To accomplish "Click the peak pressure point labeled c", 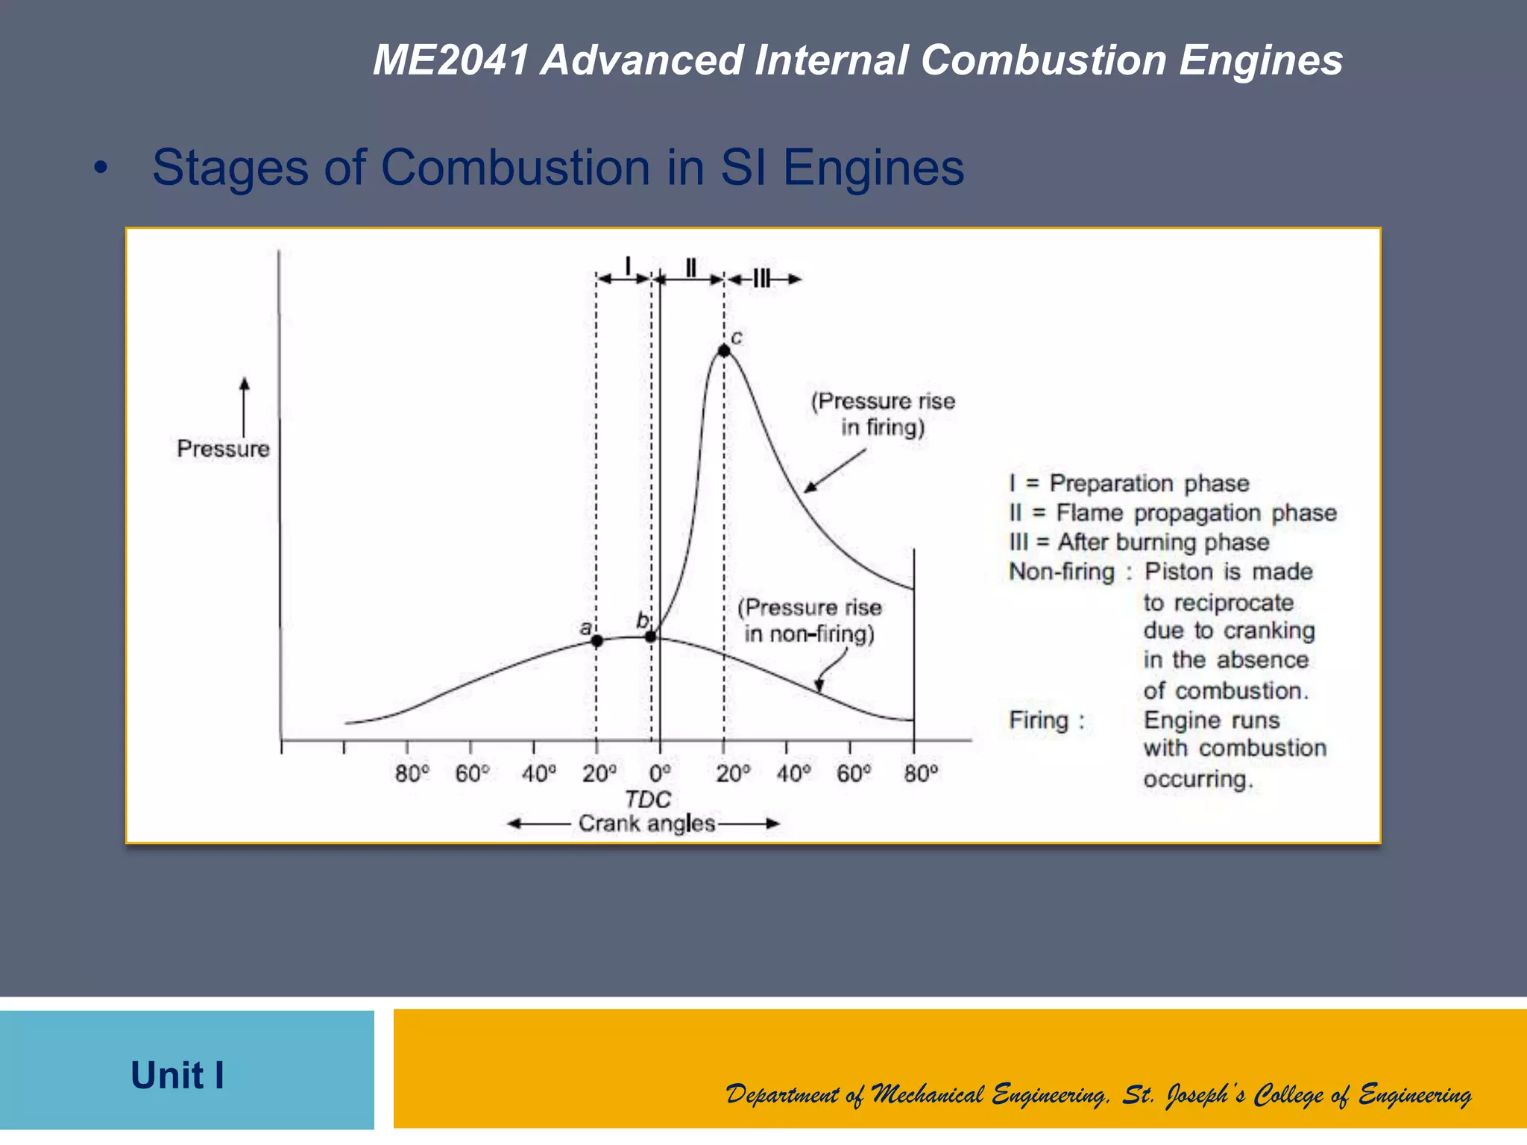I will click(723, 350).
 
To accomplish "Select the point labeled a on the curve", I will click(596, 640).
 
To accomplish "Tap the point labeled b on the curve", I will click(651, 636).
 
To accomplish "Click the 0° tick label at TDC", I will click(659, 774).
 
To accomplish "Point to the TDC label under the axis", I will click(647, 799).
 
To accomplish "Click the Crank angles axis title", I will click(646, 824).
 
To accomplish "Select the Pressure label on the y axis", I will click(223, 449).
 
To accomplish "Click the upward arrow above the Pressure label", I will click(244, 406).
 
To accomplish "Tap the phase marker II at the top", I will click(691, 268).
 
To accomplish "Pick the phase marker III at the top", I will click(761, 280).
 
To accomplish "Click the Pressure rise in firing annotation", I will click(883, 414).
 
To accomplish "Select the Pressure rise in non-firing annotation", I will click(810, 620).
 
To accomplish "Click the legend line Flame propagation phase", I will click(1173, 513).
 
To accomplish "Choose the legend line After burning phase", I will click(1139, 542).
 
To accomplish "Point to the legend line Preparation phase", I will click(1129, 483).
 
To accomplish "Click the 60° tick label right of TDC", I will click(853, 774).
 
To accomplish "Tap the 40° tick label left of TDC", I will click(538, 774).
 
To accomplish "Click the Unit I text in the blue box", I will click(177, 1075).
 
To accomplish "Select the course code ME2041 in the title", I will click(450, 60).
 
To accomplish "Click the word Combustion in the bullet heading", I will click(516, 167).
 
